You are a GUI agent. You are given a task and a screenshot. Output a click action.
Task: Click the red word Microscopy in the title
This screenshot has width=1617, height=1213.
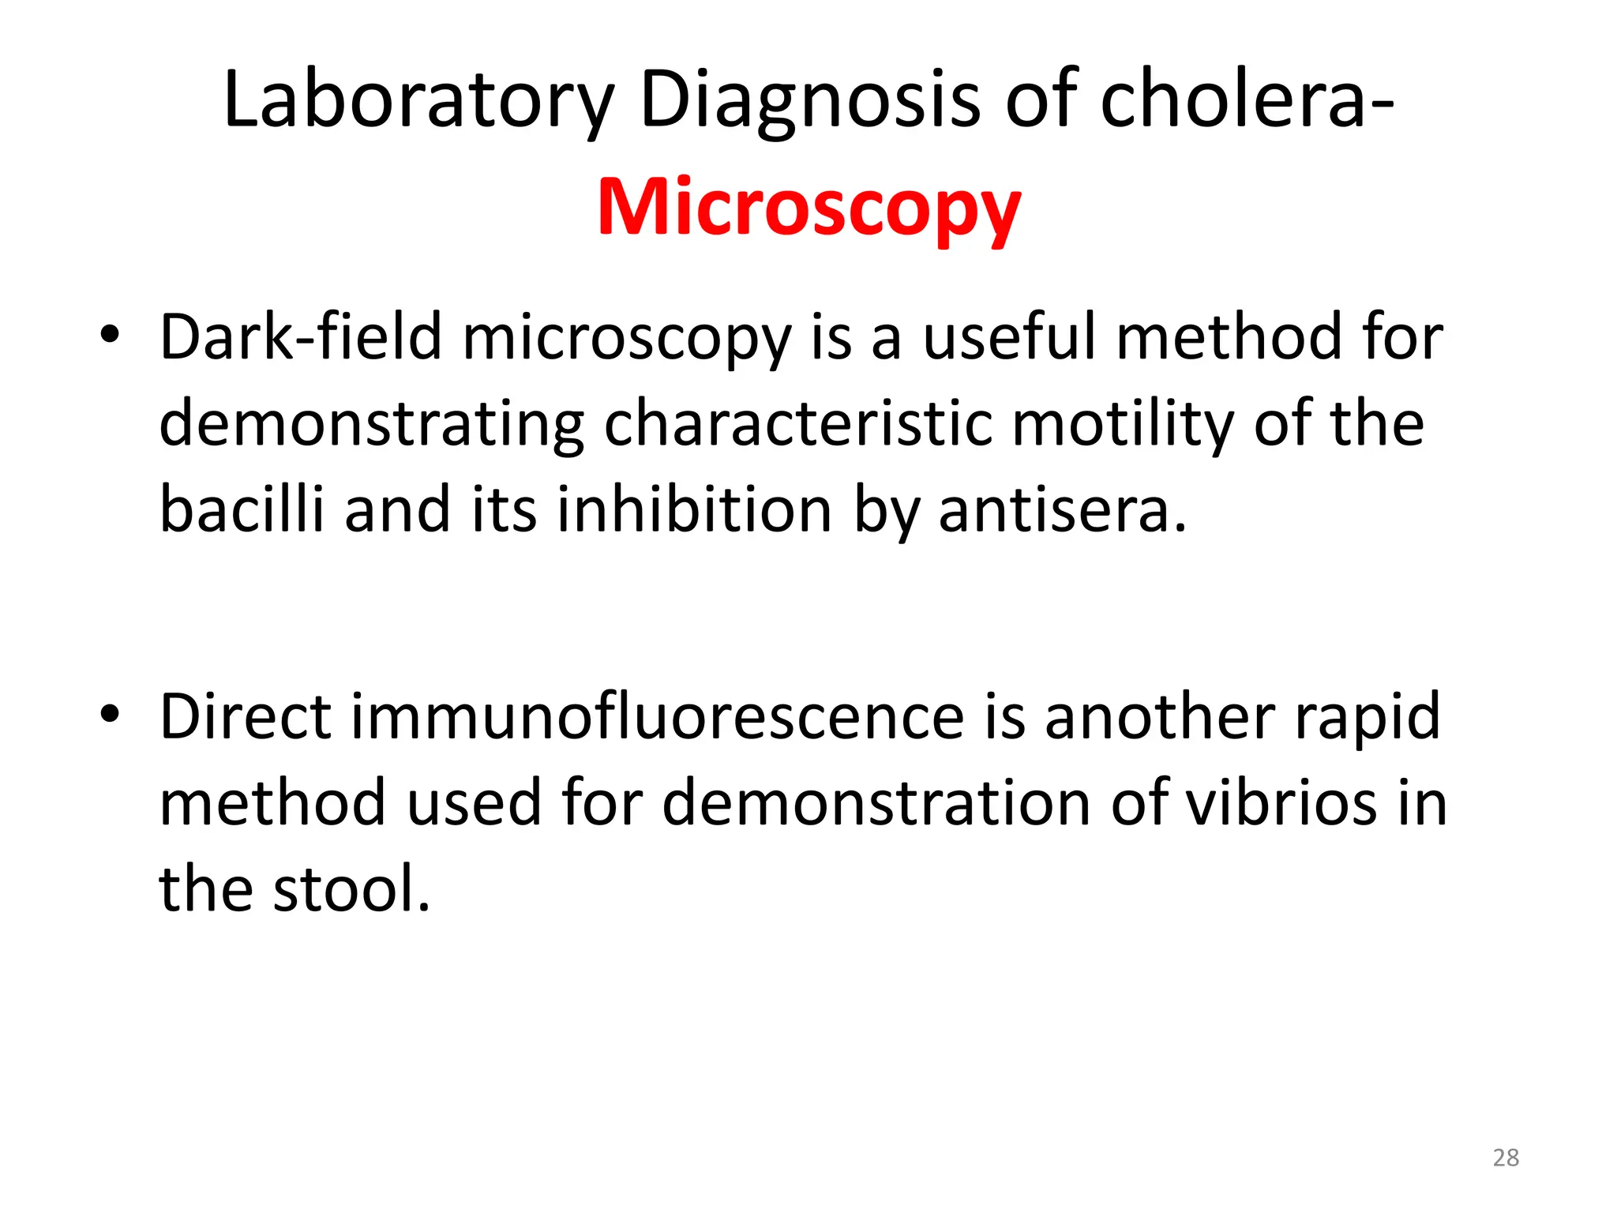[x=809, y=208]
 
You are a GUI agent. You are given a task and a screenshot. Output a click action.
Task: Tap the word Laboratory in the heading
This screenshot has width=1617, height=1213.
[x=418, y=100]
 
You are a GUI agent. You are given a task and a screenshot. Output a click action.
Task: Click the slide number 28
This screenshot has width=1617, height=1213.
[x=1506, y=1158]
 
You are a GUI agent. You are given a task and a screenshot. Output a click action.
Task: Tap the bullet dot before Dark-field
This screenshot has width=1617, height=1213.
[x=110, y=334]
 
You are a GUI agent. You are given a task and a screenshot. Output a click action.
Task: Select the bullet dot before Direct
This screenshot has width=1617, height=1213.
[x=110, y=714]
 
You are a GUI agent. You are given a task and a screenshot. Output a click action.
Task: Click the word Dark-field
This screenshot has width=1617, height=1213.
[x=300, y=337]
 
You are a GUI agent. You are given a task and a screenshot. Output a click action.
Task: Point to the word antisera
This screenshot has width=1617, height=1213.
[x=1063, y=509]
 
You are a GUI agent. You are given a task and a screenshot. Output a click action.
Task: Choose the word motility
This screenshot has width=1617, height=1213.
[x=1122, y=423]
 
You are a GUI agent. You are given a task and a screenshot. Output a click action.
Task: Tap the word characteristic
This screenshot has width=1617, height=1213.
[x=797, y=423]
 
